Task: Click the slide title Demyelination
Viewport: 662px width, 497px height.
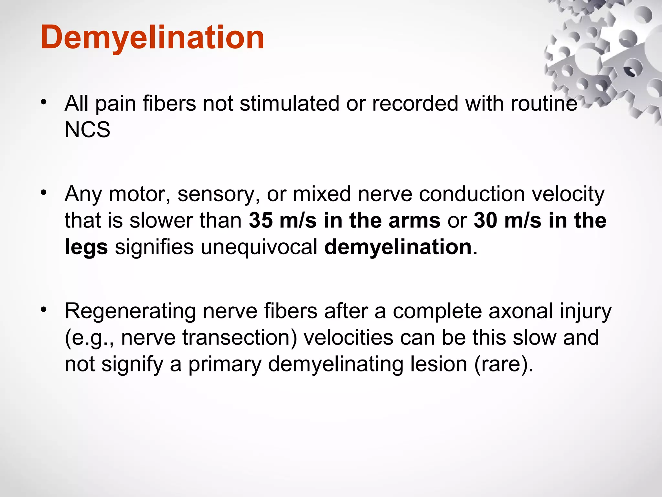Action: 152,38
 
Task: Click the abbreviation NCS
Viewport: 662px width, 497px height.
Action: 87,130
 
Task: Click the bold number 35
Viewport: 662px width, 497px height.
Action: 261,221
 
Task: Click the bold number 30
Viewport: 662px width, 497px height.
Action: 485,221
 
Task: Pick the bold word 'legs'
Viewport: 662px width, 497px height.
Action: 86,247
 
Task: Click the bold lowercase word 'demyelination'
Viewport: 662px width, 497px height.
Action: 398,247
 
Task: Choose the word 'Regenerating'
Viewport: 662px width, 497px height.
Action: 130,311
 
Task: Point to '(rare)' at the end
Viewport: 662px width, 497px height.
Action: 503,364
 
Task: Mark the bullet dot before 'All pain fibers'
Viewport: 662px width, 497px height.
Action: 44,102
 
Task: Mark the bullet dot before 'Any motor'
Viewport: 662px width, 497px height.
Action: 44,193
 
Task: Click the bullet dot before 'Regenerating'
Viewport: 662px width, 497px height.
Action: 44,310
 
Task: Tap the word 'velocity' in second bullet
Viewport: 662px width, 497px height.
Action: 568,194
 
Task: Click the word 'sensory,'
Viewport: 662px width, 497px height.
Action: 219,194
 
